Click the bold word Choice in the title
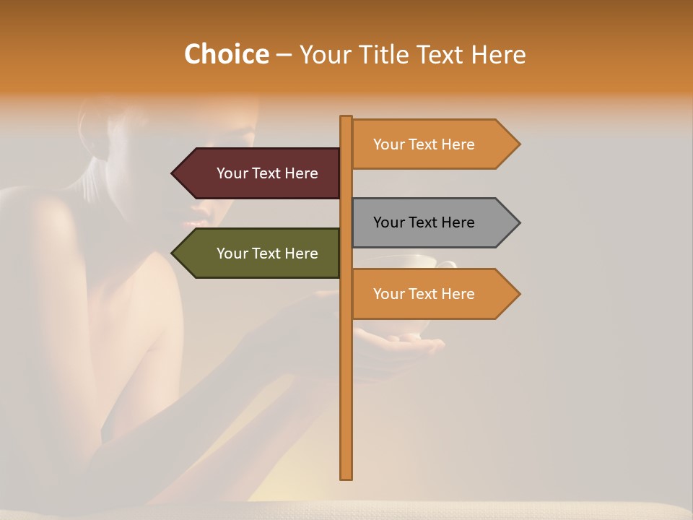(226, 54)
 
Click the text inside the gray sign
(424, 222)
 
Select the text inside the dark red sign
(267, 173)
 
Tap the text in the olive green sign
(267, 253)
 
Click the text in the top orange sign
(424, 144)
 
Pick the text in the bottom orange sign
(424, 294)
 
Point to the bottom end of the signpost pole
(346, 477)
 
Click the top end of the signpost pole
(346, 118)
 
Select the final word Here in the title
(497, 54)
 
